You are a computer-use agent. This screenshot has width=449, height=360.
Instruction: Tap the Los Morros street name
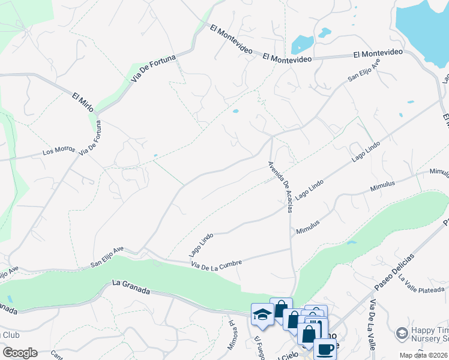(x=56, y=151)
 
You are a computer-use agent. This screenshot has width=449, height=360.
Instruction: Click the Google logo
(x=20, y=353)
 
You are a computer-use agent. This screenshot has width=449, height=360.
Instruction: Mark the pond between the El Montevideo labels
(x=301, y=44)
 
